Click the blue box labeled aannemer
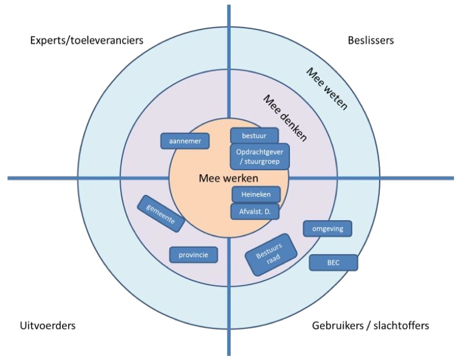[x=185, y=141]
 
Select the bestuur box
[x=254, y=136]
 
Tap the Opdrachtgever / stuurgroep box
[x=259, y=156]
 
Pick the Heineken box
[x=256, y=195]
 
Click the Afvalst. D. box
[x=255, y=211]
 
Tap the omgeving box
[x=327, y=228]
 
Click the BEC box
[x=334, y=262]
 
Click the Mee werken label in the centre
[x=228, y=178]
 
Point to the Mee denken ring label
[x=285, y=117]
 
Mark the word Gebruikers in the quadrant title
[x=337, y=326]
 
